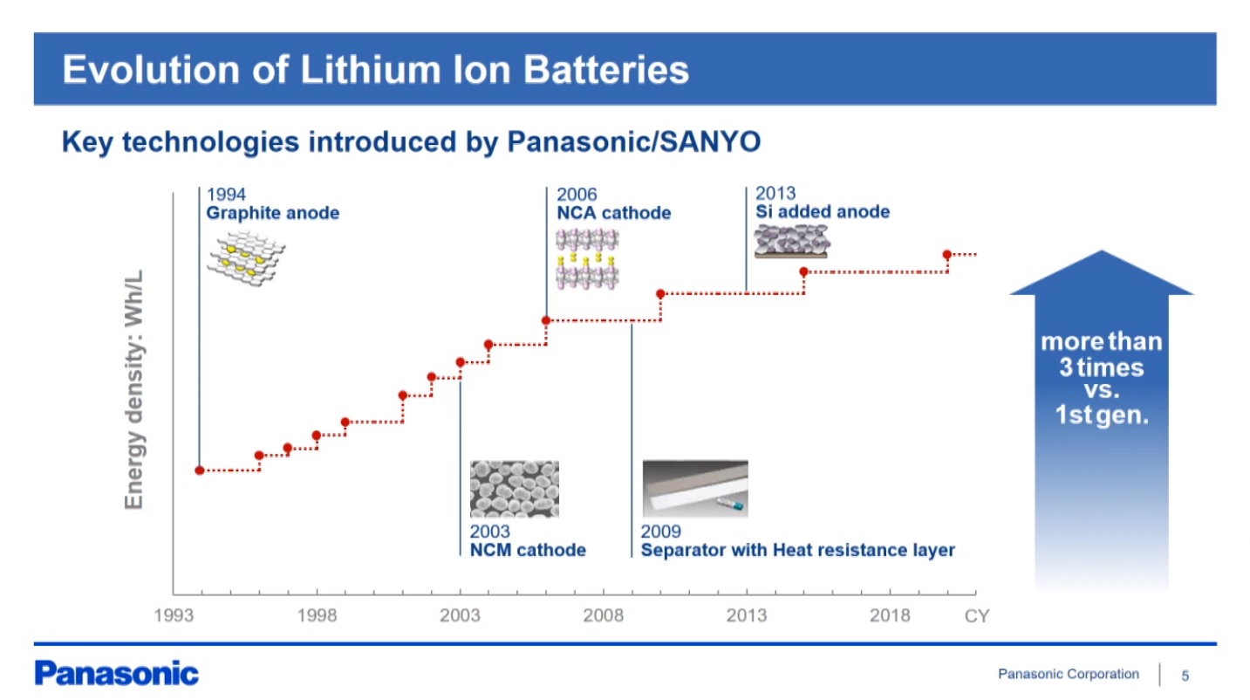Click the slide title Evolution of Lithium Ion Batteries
[x=376, y=70]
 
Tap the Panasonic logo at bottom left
[x=117, y=673]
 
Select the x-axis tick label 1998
[x=317, y=615]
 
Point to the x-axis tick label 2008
[x=604, y=615]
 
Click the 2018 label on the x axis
[x=890, y=615]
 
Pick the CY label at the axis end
[x=977, y=615]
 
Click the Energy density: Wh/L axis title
[x=134, y=389]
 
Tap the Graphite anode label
[x=273, y=213]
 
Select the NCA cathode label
[x=614, y=213]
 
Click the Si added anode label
[x=823, y=211]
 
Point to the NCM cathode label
[x=528, y=550]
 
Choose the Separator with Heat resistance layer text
[x=798, y=551]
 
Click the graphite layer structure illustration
[x=246, y=257]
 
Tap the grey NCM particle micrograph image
[x=514, y=489]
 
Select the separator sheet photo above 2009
[x=695, y=489]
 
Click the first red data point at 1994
[x=199, y=470]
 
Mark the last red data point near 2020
[x=947, y=255]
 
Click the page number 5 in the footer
[x=1185, y=676]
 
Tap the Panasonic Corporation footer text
[x=1069, y=674]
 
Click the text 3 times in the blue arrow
[x=1102, y=367]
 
